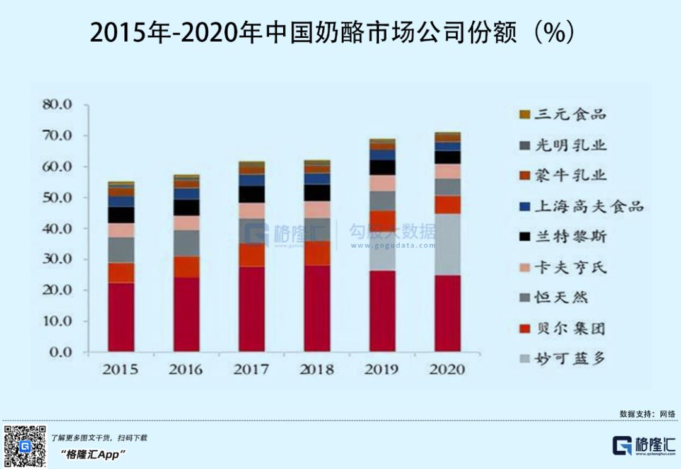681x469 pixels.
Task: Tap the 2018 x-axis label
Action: (317, 369)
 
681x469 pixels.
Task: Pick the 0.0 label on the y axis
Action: (62, 352)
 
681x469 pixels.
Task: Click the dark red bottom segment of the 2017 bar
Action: (252, 309)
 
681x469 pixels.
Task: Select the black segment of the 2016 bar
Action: (187, 207)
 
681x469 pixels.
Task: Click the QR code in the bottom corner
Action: (25, 446)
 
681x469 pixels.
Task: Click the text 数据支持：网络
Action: (648, 414)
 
